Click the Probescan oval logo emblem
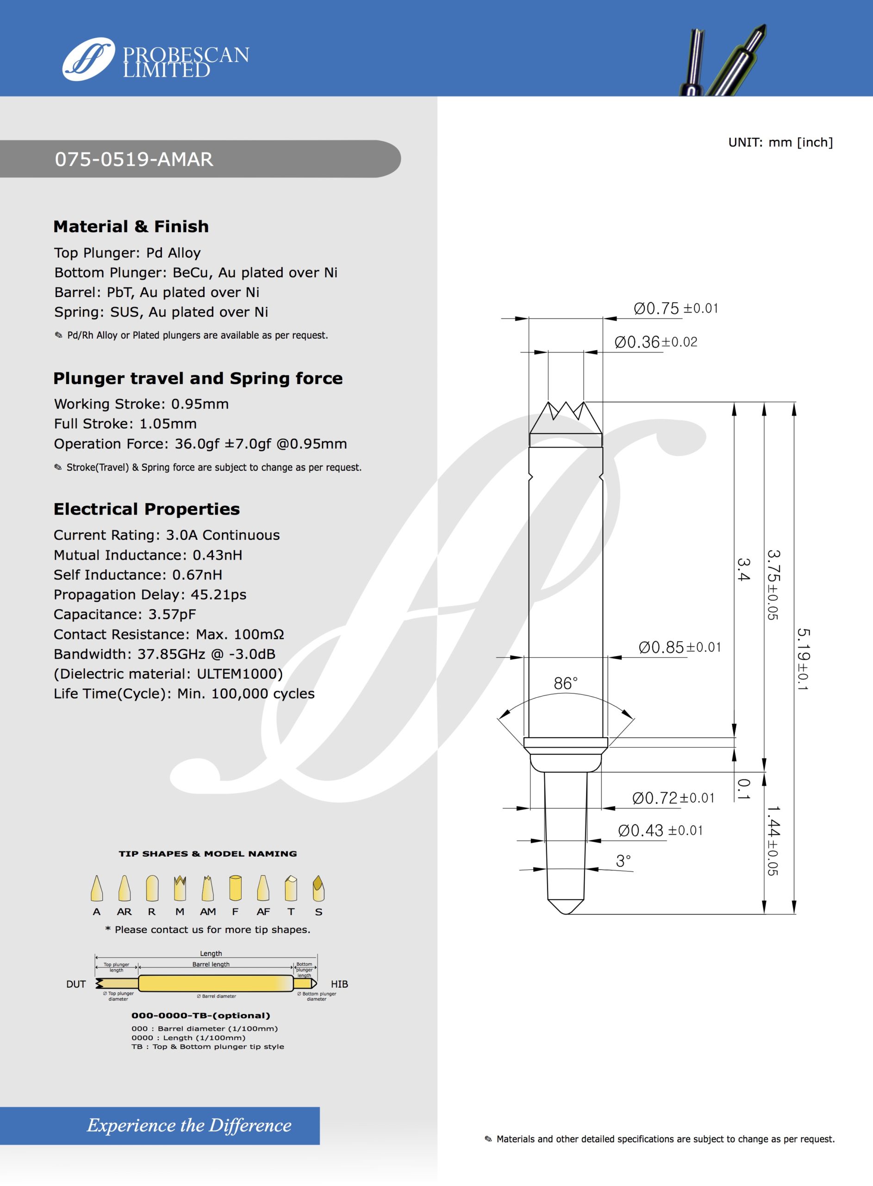[88, 59]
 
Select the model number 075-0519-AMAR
[134, 159]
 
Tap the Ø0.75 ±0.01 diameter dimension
[675, 308]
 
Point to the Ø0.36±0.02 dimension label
[655, 342]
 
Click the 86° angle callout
[566, 683]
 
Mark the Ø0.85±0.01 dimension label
[680, 647]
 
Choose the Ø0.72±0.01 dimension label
[673, 798]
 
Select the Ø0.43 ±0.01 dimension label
[660, 831]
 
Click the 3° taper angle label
[623, 861]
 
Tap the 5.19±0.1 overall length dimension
[803, 659]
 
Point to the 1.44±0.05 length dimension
[773, 841]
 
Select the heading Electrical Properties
[146, 509]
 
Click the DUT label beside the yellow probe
[76, 984]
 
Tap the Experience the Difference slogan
[189, 1125]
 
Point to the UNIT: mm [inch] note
[780, 142]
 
